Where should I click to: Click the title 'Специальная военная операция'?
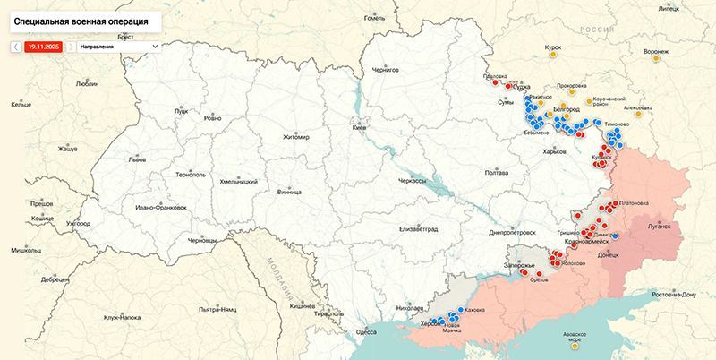click(82, 18)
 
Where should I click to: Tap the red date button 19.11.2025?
click(43, 46)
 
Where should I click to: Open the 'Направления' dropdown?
click(117, 46)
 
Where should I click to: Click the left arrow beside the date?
click(15, 46)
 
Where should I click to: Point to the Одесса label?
click(367, 331)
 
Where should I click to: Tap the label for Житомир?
click(295, 137)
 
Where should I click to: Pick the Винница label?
click(289, 191)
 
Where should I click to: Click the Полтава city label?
click(496, 172)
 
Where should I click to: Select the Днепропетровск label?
click(512, 232)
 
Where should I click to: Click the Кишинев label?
click(303, 305)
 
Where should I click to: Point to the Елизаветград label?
click(418, 228)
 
